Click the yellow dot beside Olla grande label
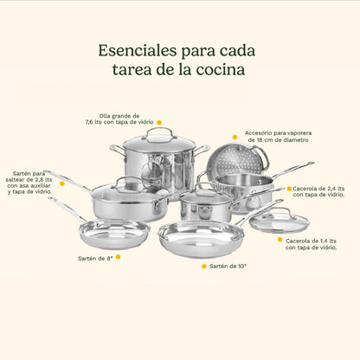click(158, 122)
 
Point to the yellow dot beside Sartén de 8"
click(119, 257)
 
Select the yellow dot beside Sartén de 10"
click(204, 266)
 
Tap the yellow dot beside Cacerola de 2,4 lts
click(288, 188)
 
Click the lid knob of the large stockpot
click(158, 133)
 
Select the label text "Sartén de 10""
click(234, 266)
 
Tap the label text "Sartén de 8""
click(94, 257)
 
